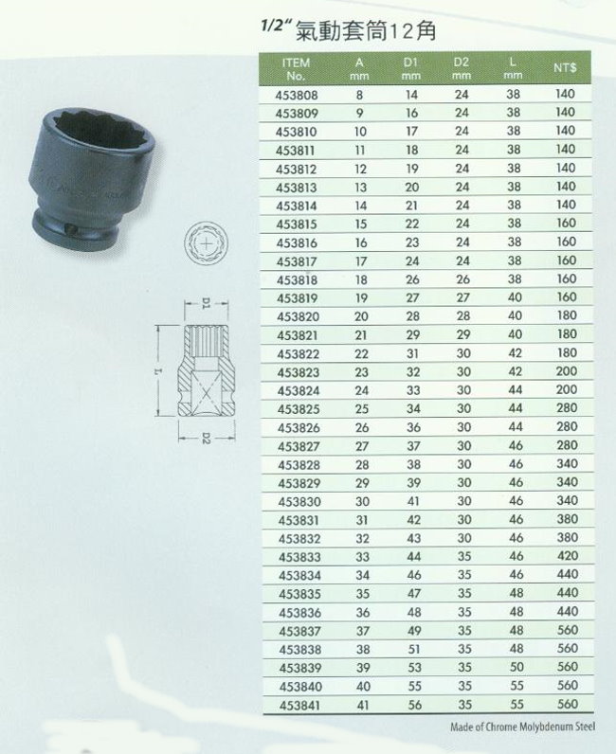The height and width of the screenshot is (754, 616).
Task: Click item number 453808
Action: click(x=297, y=96)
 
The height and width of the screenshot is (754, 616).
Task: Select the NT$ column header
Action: click(x=565, y=68)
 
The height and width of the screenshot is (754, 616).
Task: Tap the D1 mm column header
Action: click(x=410, y=69)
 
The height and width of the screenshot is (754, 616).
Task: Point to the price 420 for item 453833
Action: click(x=568, y=556)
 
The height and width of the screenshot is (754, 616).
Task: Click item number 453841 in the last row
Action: click(x=300, y=706)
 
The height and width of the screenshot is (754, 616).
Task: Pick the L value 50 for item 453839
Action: click(x=516, y=667)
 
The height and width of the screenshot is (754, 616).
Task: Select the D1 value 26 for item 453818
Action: click(x=412, y=279)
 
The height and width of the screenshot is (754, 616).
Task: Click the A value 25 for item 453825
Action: click(x=362, y=409)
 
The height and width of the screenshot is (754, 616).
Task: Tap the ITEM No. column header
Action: click(x=296, y=69)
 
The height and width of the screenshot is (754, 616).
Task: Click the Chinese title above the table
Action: click(x=365, y=31)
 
